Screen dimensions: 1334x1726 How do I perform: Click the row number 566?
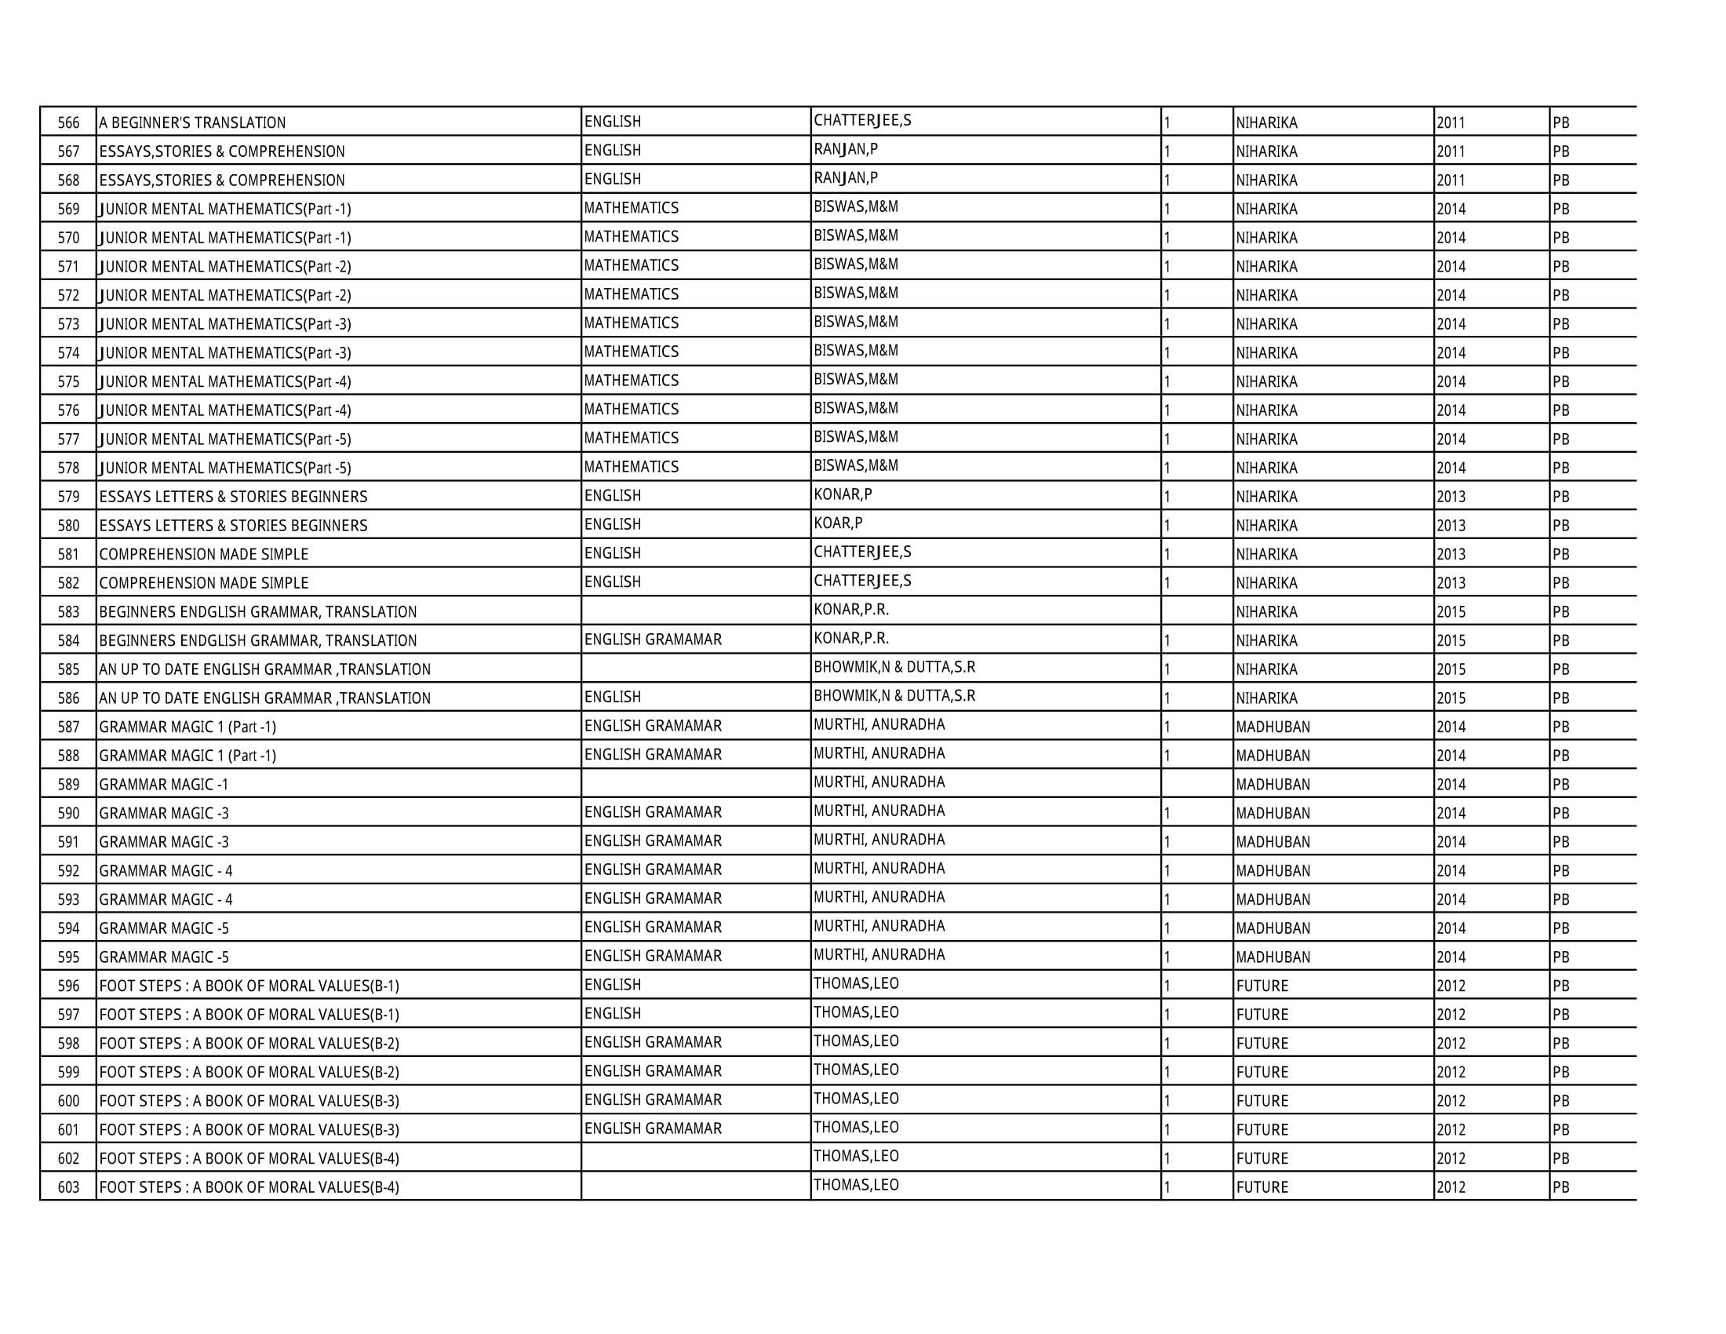69,122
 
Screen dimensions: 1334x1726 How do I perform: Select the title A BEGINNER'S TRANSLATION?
192,122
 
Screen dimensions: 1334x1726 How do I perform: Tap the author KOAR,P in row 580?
838,523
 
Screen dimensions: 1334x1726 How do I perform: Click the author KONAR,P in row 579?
843,494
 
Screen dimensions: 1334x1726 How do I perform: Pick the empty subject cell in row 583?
695,611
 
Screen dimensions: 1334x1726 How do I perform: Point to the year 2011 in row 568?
1450,180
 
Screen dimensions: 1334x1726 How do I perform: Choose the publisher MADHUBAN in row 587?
1273,727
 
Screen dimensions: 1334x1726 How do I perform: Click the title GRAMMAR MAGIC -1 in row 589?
164,785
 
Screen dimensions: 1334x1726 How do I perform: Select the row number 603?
69,1187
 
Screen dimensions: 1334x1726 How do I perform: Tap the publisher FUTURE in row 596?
1262,986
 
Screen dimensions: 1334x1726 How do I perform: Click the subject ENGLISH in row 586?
613,697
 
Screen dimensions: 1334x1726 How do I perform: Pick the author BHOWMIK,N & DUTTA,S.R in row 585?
894,667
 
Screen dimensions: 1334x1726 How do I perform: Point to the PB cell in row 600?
1560,1101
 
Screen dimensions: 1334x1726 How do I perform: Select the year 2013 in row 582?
1450,583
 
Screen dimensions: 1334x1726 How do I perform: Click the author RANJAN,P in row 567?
846,149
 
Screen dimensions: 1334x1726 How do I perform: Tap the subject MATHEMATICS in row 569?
631,208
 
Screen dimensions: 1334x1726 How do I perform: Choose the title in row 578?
225,468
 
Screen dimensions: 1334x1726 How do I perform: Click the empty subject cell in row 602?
695,1157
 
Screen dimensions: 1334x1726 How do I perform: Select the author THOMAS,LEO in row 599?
856,1070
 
